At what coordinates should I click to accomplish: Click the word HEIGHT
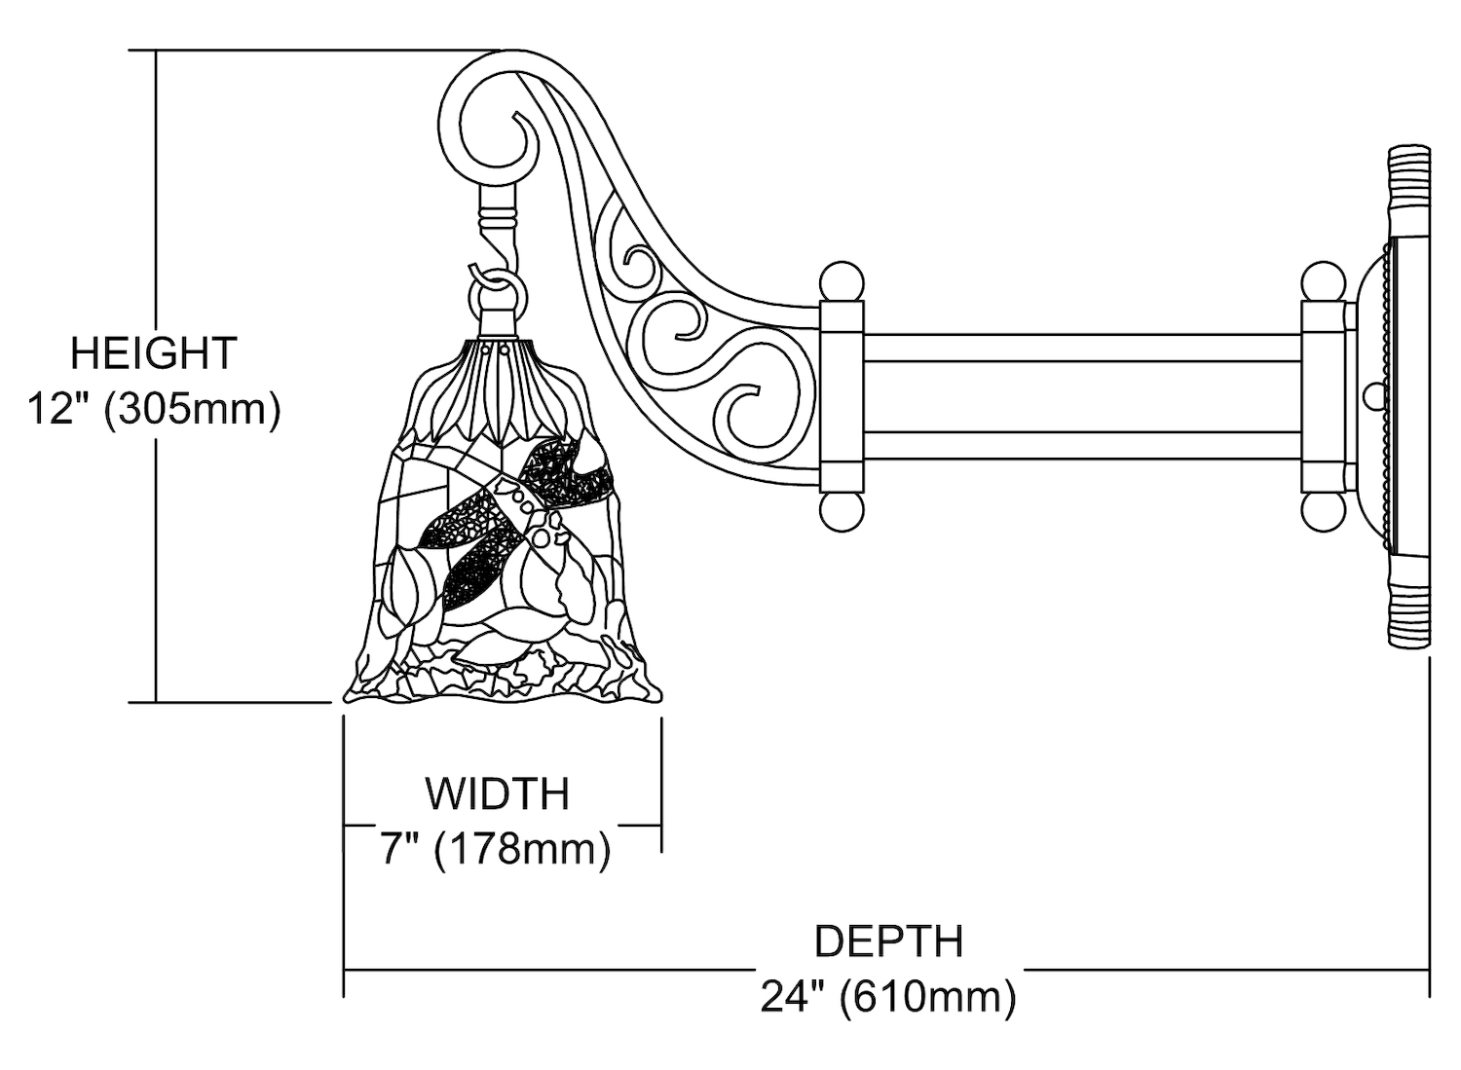click(x=153, y=352)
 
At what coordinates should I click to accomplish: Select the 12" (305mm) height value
click(x=153, y=409)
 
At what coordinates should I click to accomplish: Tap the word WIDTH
click(x=497, y=794)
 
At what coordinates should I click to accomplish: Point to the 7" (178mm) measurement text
click(x=495, y=849)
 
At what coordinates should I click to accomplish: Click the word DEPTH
click(x=888, y=942)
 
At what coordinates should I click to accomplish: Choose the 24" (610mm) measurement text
click(x=888, y=998)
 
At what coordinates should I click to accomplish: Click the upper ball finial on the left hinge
click(x=842, y=281)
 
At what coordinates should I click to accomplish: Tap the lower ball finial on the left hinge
click(x=842, y=511)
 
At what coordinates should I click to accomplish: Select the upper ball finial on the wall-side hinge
click(x=1323, y=281)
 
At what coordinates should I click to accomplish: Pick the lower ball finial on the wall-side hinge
click(x=1323, y=511)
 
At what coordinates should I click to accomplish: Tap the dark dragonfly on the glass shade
click(x=516, y=516)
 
